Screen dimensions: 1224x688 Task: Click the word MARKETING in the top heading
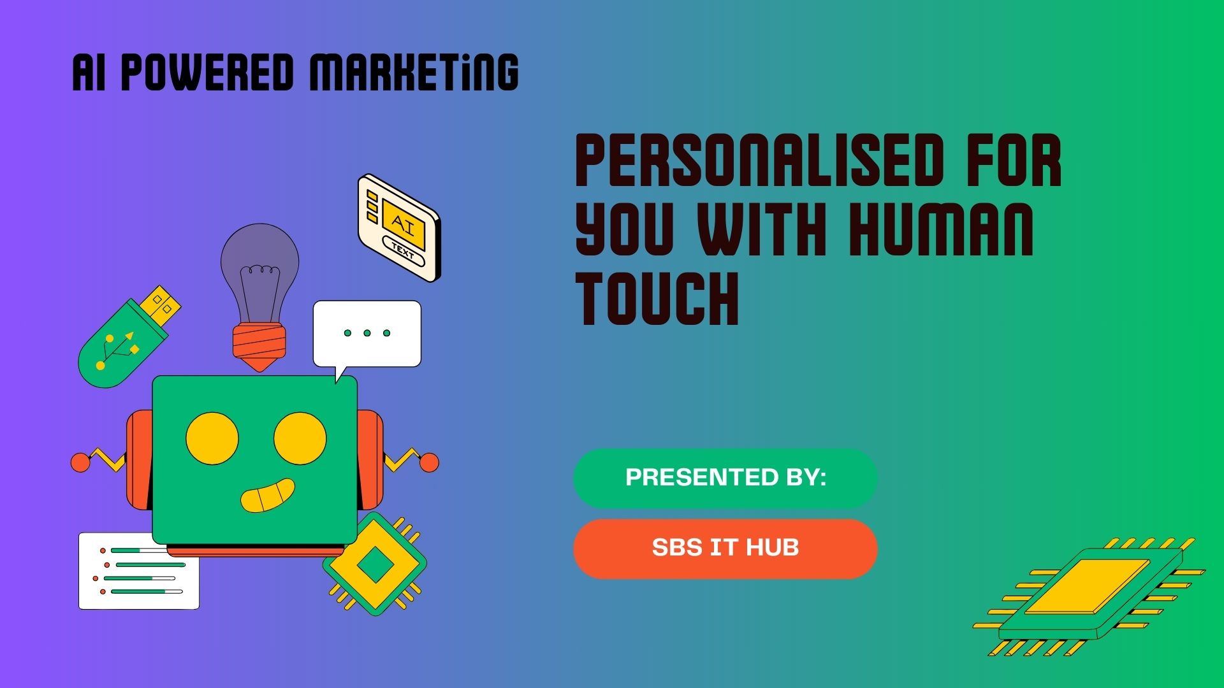(414, 72)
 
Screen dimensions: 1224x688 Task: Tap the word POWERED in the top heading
(207, 72)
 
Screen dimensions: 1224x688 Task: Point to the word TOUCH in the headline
(657, 298)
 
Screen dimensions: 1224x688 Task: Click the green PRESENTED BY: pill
(725, 478)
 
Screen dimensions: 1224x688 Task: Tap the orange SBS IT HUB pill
(725, 548)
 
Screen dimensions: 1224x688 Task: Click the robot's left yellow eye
(212, 438)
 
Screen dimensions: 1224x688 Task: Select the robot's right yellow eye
(300, 438)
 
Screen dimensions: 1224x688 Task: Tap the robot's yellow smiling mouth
(268, 496)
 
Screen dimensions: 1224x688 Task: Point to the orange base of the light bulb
(259, 347)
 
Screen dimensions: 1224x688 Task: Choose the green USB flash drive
(129, 336)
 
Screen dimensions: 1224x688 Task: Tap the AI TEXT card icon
(399, 228)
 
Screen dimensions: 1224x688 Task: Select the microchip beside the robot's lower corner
(375, 564)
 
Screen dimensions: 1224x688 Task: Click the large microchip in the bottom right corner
(1089, 596)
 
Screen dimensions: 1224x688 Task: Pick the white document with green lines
(138, 571)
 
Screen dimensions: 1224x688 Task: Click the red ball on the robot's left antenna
(80, 462)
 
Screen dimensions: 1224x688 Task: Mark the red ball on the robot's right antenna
(429, 462)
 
